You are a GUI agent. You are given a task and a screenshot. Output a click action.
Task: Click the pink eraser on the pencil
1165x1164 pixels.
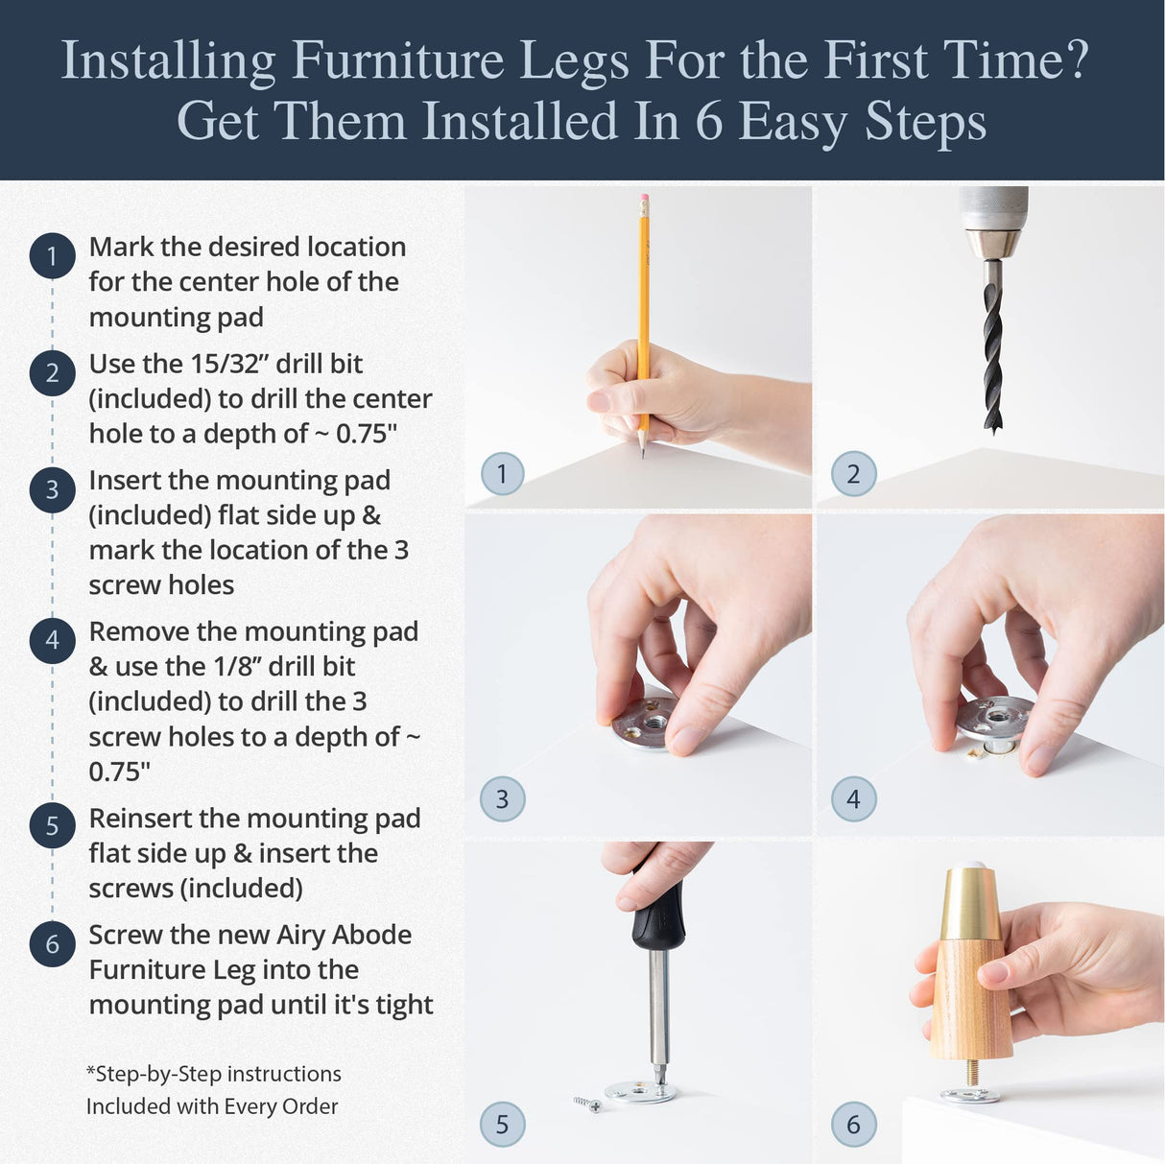(x=644, y=202)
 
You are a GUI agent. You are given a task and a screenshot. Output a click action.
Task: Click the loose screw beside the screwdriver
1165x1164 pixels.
(x=588, y=1105)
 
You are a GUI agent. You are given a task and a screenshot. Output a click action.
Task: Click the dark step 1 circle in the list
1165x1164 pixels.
(x=52, y=256)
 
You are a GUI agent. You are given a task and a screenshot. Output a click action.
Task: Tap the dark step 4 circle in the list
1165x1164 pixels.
(x=52, y=641)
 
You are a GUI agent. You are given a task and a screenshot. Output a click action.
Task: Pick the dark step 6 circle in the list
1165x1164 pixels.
(x=52, y=944)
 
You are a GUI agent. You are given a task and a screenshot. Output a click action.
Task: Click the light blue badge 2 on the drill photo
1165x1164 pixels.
(x=853, y=474)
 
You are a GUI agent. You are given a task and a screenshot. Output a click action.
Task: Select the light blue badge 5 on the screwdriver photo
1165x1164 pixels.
(x=502, y=1125)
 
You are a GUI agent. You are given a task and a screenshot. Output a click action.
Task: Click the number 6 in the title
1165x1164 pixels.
(x=708, y=123)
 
